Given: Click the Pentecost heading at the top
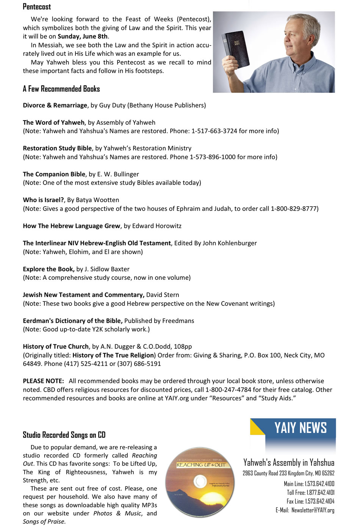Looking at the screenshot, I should [37, 7].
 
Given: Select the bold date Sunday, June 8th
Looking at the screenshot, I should [83, 36].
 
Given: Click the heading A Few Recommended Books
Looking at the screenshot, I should [61, 89].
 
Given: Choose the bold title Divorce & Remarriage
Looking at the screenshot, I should [55, 105].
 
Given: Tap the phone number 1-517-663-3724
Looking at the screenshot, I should [214, 131].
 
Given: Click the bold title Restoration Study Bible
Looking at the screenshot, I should [57, 148].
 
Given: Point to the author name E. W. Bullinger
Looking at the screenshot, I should [118, 174].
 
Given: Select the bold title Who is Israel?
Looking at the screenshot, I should [44, 200].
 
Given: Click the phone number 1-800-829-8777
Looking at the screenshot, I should [294, 209].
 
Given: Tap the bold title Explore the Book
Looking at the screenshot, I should [49, 269].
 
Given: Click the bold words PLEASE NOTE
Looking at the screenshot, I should [43, 381].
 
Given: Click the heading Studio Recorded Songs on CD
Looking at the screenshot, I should [64, 435].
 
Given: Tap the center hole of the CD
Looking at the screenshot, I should [200, 482].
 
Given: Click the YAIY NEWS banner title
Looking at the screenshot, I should [300, 428].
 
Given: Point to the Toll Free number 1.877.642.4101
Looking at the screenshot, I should [319, 492].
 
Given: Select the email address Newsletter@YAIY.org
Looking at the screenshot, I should [313, 510].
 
